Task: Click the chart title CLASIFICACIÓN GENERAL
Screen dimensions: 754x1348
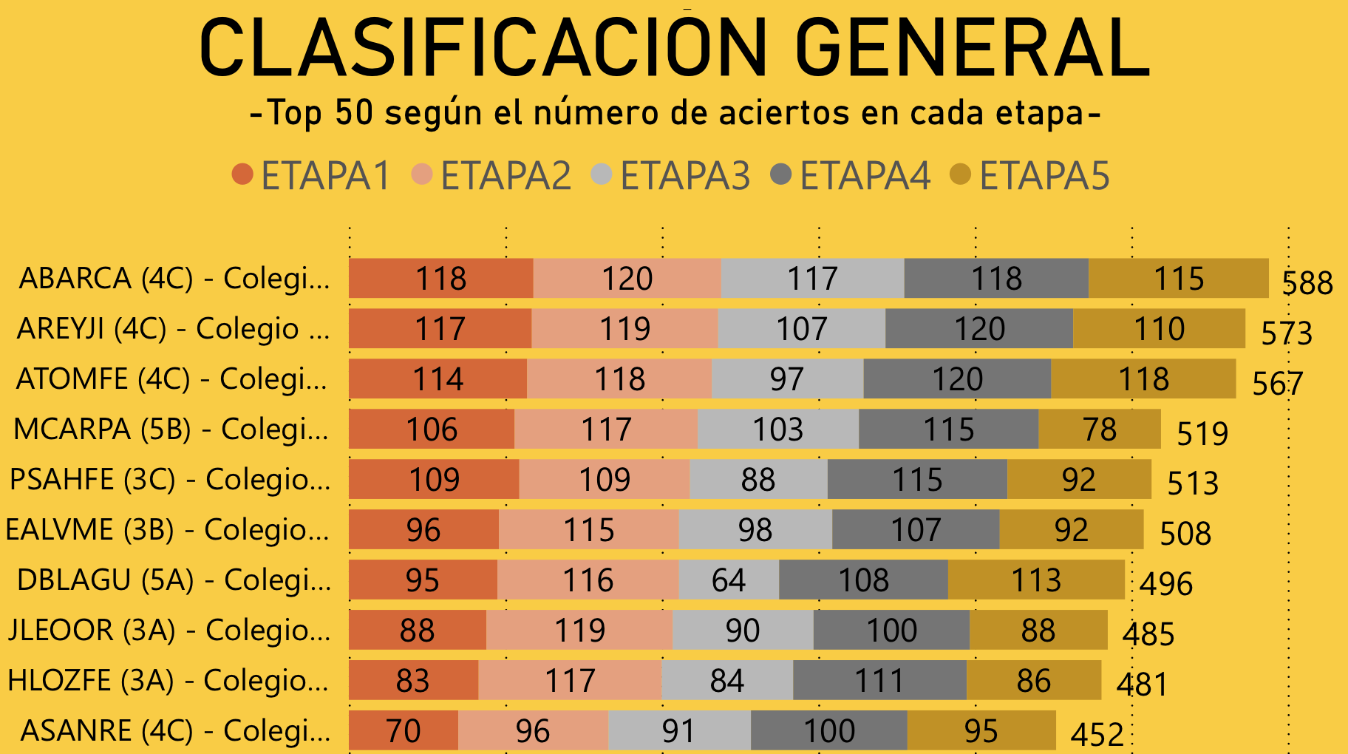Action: pos(674,48)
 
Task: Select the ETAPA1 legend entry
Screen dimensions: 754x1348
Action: pos(310,176)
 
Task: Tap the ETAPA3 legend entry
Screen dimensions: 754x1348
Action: pos(670,176)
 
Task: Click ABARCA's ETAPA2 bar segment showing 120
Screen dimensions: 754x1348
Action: pos(627,279)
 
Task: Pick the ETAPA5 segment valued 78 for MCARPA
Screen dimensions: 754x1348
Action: pos(1100,429)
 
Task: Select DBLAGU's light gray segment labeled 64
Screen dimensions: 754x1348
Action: pos(729,580)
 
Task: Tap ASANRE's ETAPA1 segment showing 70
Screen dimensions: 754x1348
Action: pos(404,731)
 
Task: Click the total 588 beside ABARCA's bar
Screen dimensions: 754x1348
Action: pos(1307,283)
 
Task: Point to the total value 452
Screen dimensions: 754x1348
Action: pos(1097,735)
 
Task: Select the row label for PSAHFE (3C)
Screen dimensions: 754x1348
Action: pos(170,480)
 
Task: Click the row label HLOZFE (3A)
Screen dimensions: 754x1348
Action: pos(168,681)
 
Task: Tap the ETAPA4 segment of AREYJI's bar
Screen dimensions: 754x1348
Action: pos(979,329)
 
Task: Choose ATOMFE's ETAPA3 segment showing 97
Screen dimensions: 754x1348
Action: pos(787,379)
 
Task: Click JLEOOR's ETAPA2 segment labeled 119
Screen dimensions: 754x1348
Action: pos(579,631)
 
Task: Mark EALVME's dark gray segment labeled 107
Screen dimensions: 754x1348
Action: pos(916,530)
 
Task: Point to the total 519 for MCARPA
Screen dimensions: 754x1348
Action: pos(1202,434)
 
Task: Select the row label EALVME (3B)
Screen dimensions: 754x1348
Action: pos(168,530)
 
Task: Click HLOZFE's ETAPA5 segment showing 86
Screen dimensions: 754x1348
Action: pos(1033,681)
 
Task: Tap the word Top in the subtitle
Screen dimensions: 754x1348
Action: pos(294,113)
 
